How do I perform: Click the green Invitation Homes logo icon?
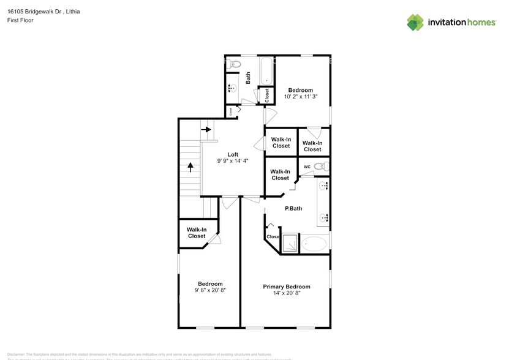(x=415, y=22)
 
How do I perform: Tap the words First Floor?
(x=21, y=20)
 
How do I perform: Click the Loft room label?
(x=233, y=154)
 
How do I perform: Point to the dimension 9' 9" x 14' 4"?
(x=233, y=161)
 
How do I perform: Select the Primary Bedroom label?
(x=286, y=287)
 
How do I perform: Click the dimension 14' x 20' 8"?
(x=286, y=293)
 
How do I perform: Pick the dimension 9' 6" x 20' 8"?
(x=209, y=290)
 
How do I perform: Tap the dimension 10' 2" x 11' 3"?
(x=300, y=97)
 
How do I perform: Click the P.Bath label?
(x=293, y=208)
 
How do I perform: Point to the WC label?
(x=306, y=166)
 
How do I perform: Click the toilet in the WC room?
(x=322, y=166)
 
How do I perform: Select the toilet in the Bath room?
(x=236, y=64)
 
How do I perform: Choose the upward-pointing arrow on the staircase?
(x=190, y=167)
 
